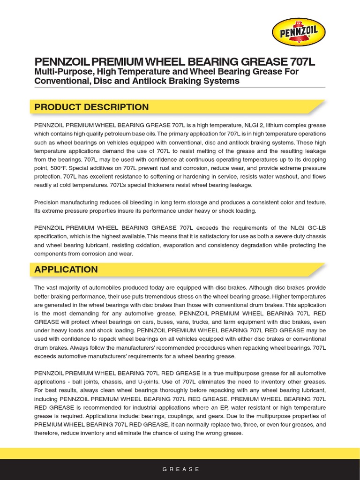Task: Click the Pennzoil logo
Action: coord(299,32)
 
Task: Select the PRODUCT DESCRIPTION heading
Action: coord(91,107)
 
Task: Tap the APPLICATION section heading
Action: coord(66,270)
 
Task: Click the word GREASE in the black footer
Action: coord(181,469)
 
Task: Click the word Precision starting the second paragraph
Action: coord(48,202)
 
